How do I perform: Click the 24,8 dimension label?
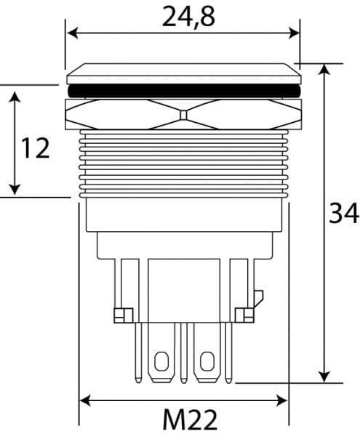click(x=188, y=17)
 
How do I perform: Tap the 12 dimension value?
click(x=36, y=148)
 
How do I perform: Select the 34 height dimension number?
click(x=344, y=213)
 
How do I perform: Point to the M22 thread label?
click(x=190, y=419)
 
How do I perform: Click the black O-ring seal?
click(x=184, y=91)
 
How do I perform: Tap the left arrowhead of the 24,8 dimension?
click(x=73, y=33)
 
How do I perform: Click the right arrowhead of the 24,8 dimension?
click(x=294, y=33)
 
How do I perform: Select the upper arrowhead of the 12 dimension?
click(x=15, y=97)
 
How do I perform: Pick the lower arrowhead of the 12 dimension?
click(x=15, y=189)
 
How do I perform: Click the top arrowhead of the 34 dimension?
click(x=324, y=70)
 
